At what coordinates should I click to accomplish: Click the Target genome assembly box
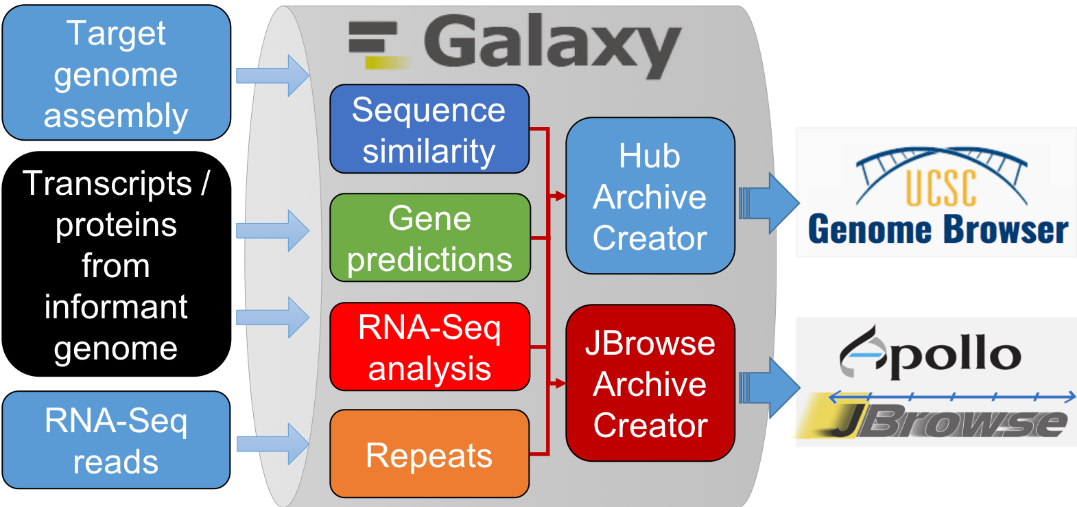tap(117, 73)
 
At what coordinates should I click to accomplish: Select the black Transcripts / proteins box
tap(117, 264)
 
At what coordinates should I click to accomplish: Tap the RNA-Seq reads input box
tap(117, 440)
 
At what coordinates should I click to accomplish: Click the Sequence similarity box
tap(429, 129)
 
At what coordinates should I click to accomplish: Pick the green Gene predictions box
tap(430, 237)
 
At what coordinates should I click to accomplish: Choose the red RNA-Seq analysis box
tap(430, 346)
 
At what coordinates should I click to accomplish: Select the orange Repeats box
tap(429, 453)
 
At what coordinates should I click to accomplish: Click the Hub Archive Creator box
tap(650, 196)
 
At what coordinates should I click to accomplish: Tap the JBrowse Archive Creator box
tap(650, 383)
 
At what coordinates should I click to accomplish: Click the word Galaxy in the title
tap(552, 46)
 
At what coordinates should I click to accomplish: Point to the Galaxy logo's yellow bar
tap(388, 62)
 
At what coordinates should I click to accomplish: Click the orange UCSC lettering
tap(941, 188)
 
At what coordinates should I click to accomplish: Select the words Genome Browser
tap(938, 229)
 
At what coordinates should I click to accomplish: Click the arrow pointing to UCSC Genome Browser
tap(769, 204)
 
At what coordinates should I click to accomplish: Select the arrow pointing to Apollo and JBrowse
tap(769, 388)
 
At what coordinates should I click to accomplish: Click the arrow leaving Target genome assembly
tap(272, 75)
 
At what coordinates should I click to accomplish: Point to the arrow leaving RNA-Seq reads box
tap(272, 444)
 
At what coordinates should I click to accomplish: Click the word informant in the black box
tap(116, 307)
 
